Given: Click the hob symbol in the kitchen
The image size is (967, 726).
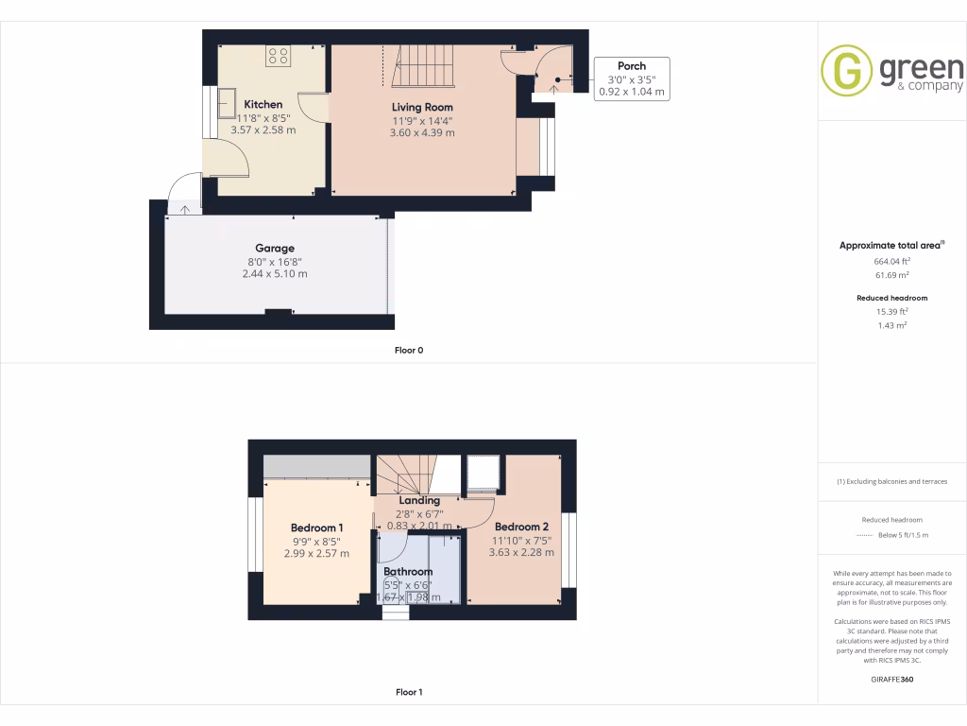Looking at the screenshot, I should [x=278, y=56].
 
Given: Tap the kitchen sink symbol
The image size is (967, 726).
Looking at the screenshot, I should [x=229, y=101].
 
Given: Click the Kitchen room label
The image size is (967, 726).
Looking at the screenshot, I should [x=263, y=104].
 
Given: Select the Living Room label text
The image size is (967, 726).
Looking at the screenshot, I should [x=422, y=107].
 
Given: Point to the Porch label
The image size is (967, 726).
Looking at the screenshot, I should [x=632, y=66].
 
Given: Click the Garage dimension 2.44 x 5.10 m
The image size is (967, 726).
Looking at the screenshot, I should [x=274, y=274].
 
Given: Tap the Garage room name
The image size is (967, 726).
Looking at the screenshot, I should [x=274, y=249].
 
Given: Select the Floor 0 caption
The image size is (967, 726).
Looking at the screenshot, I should [x=409, y=350].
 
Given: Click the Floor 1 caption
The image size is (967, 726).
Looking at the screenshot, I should [x=409, y=692].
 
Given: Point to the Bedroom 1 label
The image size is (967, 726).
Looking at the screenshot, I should [x=316, y=527].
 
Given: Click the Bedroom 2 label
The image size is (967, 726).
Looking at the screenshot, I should [x=521, y=527].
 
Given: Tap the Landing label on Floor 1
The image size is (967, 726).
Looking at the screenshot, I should [x=419, y=501].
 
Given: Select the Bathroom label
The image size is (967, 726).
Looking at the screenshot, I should [x=408, y=572].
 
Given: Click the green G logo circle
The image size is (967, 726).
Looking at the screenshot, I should [x=846, y=71].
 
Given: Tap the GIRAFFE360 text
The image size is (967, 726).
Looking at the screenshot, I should [x=891, y=679].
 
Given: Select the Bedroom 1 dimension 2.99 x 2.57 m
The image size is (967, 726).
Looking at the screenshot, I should [x=316, y=554].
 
